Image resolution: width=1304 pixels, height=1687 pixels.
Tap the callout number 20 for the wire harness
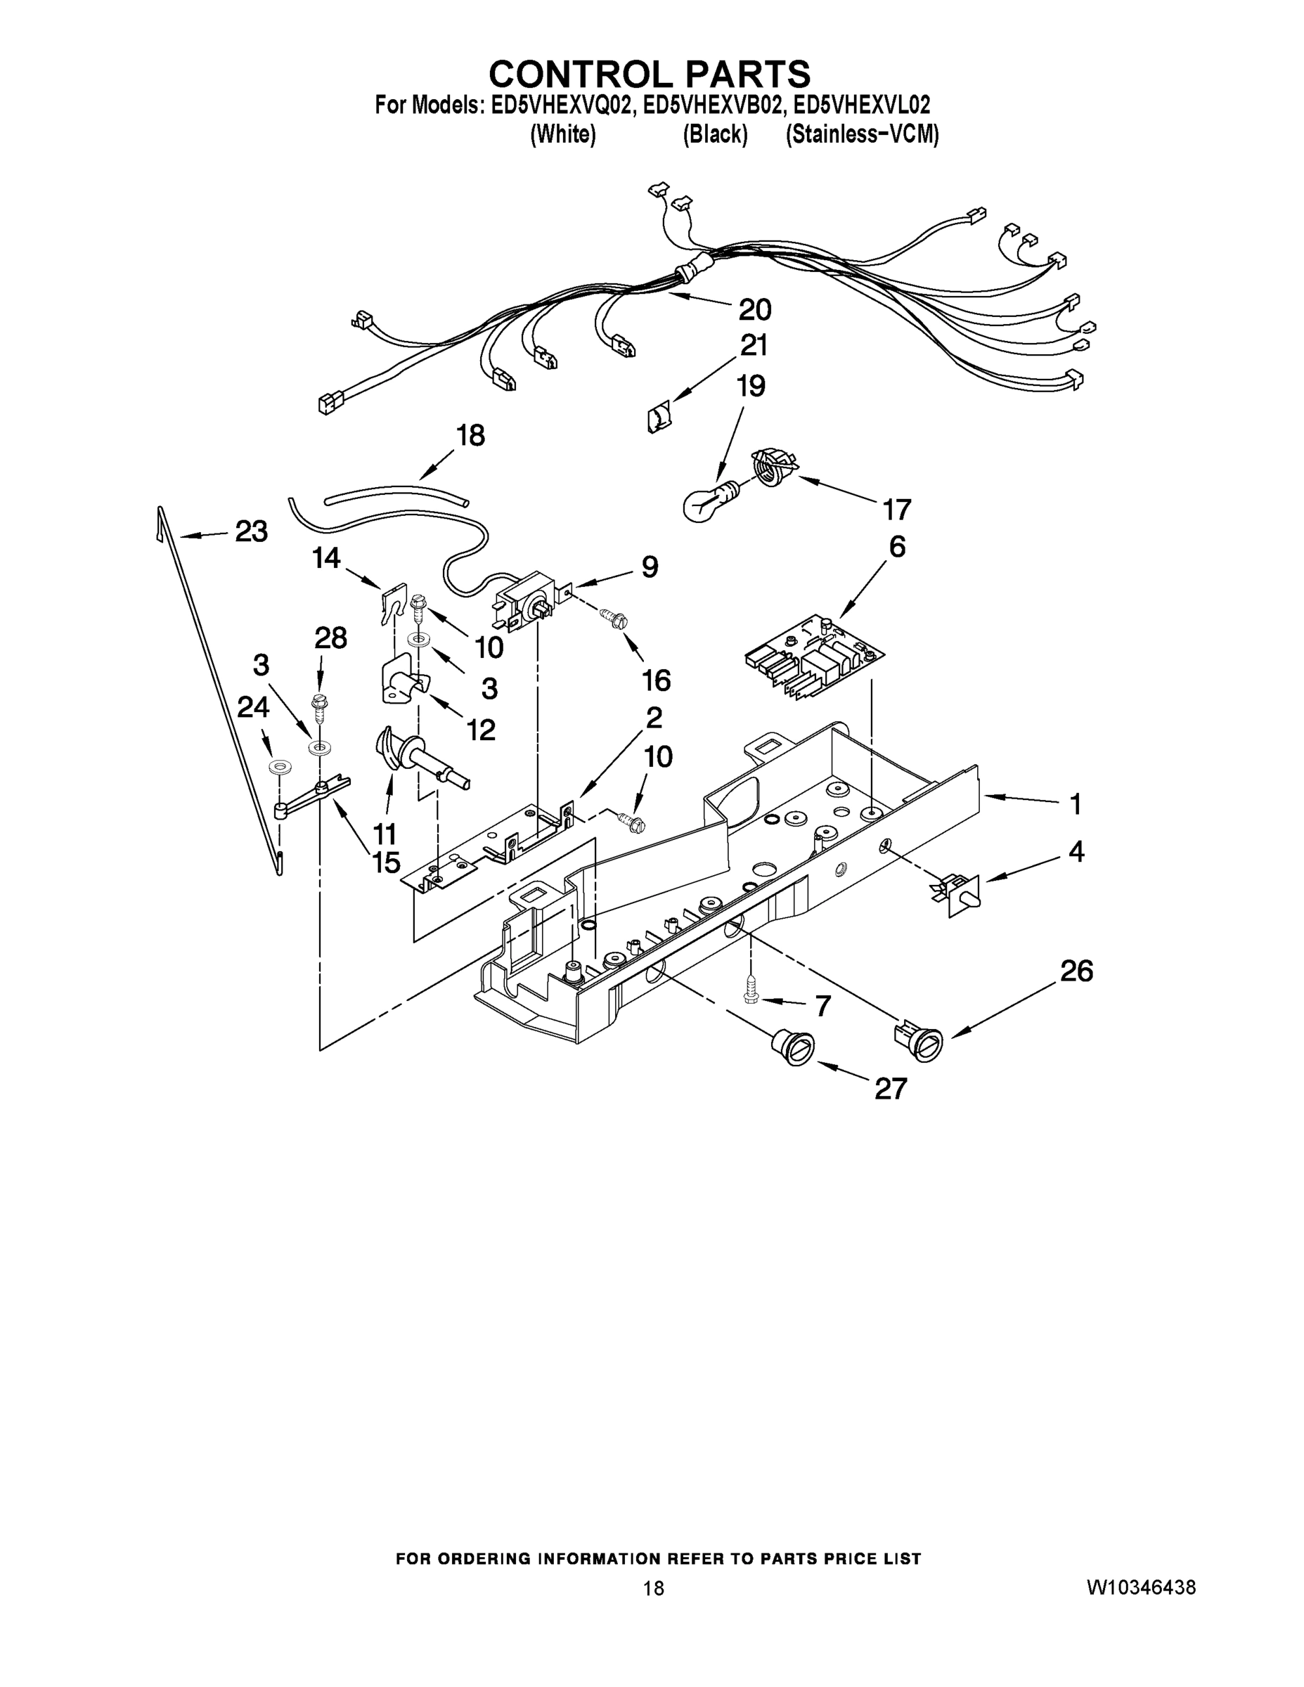754,310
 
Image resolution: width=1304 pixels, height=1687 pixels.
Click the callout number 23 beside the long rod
251,531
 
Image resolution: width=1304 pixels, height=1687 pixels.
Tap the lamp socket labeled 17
773,468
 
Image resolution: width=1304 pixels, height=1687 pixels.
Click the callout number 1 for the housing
1075,805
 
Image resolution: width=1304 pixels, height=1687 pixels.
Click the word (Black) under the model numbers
715,135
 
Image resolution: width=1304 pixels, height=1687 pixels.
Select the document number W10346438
1141,1587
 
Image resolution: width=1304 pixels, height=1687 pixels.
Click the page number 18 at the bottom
653,1588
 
